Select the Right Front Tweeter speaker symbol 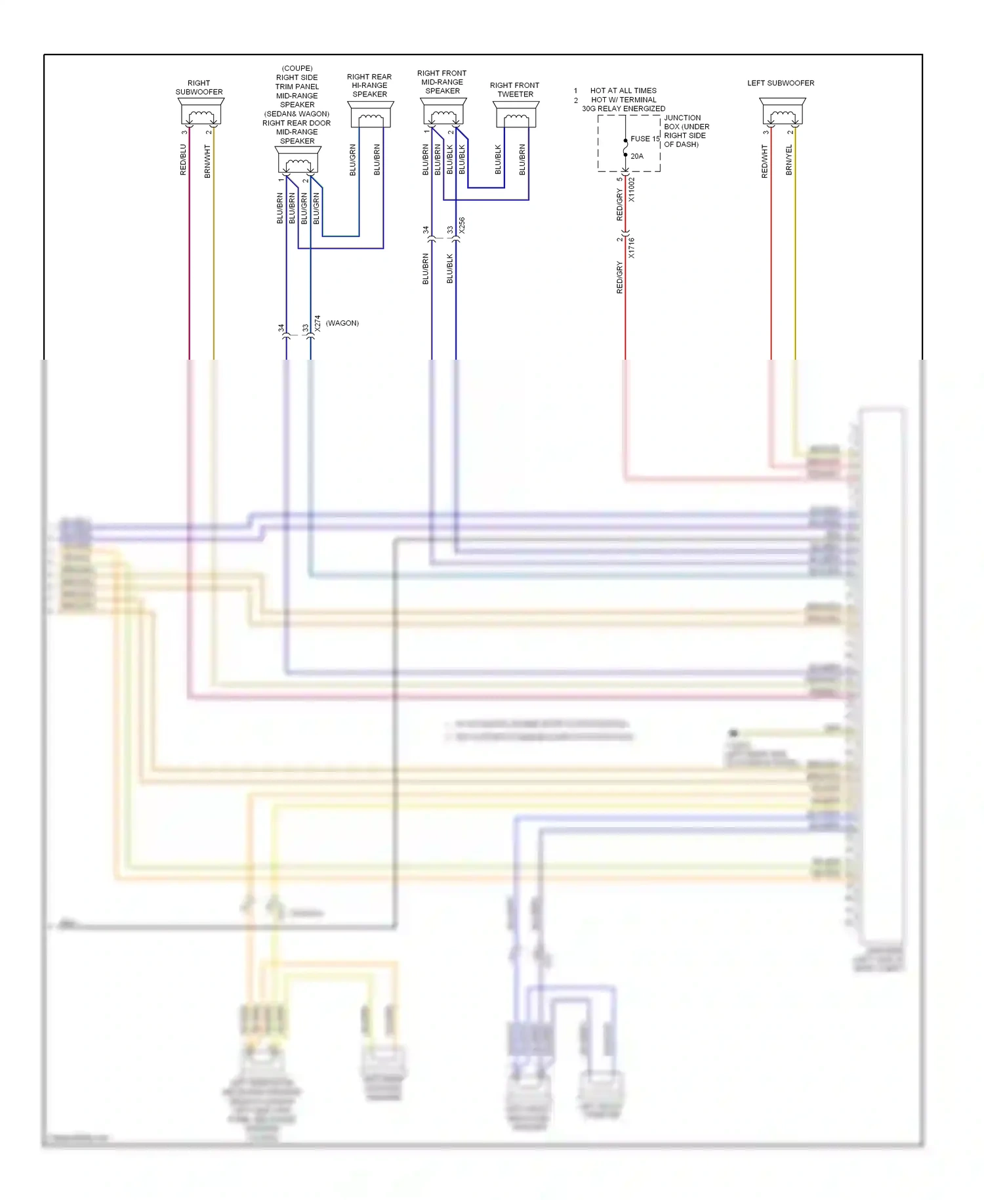[x=516, y=114]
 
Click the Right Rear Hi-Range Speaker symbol [x=370, y=114]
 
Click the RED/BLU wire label [x=183, y=160]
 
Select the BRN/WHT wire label [x=207, y=161]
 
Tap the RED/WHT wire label [x=764, y=161]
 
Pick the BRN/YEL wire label [x=789, y=160]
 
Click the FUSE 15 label [x=644, y=139]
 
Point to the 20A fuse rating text [x=637, y=156]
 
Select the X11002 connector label [x=632, y=190]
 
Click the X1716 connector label [x=632, y=247]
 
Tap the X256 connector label [x=462, y=225]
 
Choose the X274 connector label [x=318, y=324]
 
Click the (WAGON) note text [x=342, y=323]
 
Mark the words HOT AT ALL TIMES [x=623, y=91]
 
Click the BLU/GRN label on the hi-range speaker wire [x=352, y=160]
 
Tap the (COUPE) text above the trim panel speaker [x=297, y=68]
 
